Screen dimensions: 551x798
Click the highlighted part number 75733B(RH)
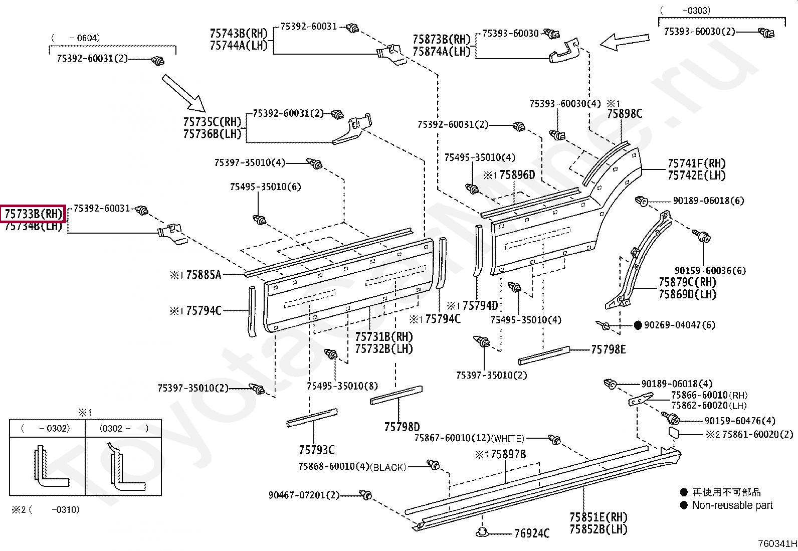coord(33,214)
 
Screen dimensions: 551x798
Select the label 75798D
coord(402,427)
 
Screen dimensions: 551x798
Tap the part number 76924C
coord(531,533)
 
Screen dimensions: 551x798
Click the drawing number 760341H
coord(776,543)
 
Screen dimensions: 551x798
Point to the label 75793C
coord(316,449)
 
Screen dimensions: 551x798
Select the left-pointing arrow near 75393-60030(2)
coord(624,42)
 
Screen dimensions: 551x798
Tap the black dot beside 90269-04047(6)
coord(638,325)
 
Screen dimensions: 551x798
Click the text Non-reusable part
coord(732,505)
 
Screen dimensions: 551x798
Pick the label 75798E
coord(608,350)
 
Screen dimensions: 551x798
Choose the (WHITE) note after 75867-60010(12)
coord(508,439)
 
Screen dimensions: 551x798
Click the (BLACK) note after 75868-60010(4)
coord(387,467)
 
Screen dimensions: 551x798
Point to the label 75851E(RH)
coord(598,517)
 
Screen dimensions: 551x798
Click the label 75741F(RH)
coord(696,163)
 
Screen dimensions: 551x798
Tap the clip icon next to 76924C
coord(482,532)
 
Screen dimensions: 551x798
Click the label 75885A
coord(203,275)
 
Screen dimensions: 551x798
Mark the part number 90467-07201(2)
coord(304,495)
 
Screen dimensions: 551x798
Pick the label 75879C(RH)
coord(687,282)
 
